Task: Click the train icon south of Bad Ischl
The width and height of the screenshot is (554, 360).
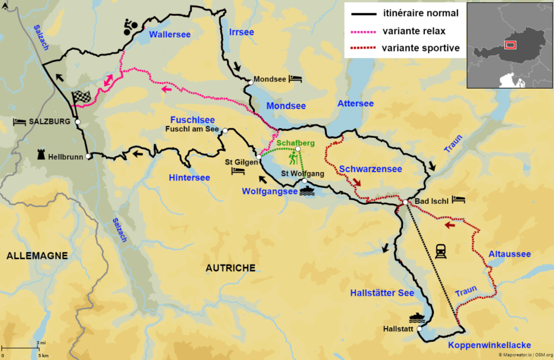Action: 440,251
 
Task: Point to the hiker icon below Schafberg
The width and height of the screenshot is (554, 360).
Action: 294,158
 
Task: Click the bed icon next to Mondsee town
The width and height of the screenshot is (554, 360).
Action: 295,79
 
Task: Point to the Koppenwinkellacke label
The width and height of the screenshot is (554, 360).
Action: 490,345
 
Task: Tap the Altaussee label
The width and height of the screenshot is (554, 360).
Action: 509,254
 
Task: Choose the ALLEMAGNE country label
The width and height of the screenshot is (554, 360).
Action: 37,255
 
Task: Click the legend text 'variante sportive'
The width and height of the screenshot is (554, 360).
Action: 421,48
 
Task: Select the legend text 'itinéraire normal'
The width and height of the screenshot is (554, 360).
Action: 420,13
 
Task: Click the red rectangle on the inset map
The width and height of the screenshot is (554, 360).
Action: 510,45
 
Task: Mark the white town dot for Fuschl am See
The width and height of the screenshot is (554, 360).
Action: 225,131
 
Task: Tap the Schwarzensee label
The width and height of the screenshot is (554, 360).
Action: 371,169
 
